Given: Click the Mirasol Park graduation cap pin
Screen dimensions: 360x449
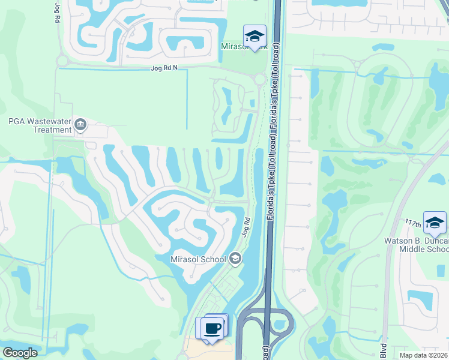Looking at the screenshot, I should pos(255,37).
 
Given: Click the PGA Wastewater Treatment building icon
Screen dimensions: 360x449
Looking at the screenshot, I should pos(80,125).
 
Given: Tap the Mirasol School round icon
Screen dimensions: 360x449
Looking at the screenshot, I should pos(235,259).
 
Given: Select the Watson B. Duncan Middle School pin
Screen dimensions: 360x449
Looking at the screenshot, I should pos(435,223).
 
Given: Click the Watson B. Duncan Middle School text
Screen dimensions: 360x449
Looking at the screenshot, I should pos(417,245).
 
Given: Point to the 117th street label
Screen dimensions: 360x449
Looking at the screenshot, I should pos(412,222).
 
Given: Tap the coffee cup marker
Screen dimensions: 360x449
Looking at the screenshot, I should pos(212,328).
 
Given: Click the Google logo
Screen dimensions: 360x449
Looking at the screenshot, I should pos(20,353).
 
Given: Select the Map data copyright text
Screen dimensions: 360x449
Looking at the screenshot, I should pos(420,355).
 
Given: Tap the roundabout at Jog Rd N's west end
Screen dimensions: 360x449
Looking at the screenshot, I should pos(61,60).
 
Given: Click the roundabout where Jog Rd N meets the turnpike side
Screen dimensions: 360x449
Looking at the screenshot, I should pos(260,79).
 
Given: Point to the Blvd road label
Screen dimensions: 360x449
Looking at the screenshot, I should pos(383,351).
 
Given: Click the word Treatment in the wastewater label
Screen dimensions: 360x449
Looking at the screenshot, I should pos(53,130).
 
